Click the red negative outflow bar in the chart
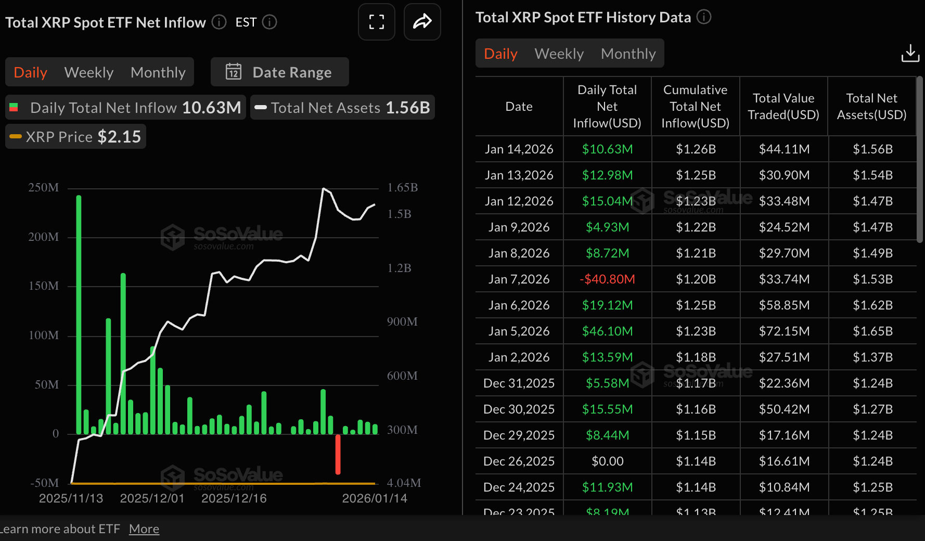[338, 454]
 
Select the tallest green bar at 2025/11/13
[79, 314]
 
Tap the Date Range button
[280, 72]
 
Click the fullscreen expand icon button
[377, 22]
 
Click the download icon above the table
[910, 53]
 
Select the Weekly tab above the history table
[559, 54]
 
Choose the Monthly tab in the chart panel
[158, 72]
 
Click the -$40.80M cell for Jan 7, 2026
[607, 279]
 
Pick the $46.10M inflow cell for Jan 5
[607, 331]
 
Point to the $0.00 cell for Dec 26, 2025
[607, 461]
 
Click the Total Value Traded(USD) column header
[783, 107]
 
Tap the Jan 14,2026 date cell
[519, 149]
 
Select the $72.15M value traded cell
[784, 331]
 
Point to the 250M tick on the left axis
[44, 188]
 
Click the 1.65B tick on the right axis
[402, 188]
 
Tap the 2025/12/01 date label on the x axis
[152, 498]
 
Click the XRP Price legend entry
[76, 137]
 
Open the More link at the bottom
[144, 529]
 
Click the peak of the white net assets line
[324, 189]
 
